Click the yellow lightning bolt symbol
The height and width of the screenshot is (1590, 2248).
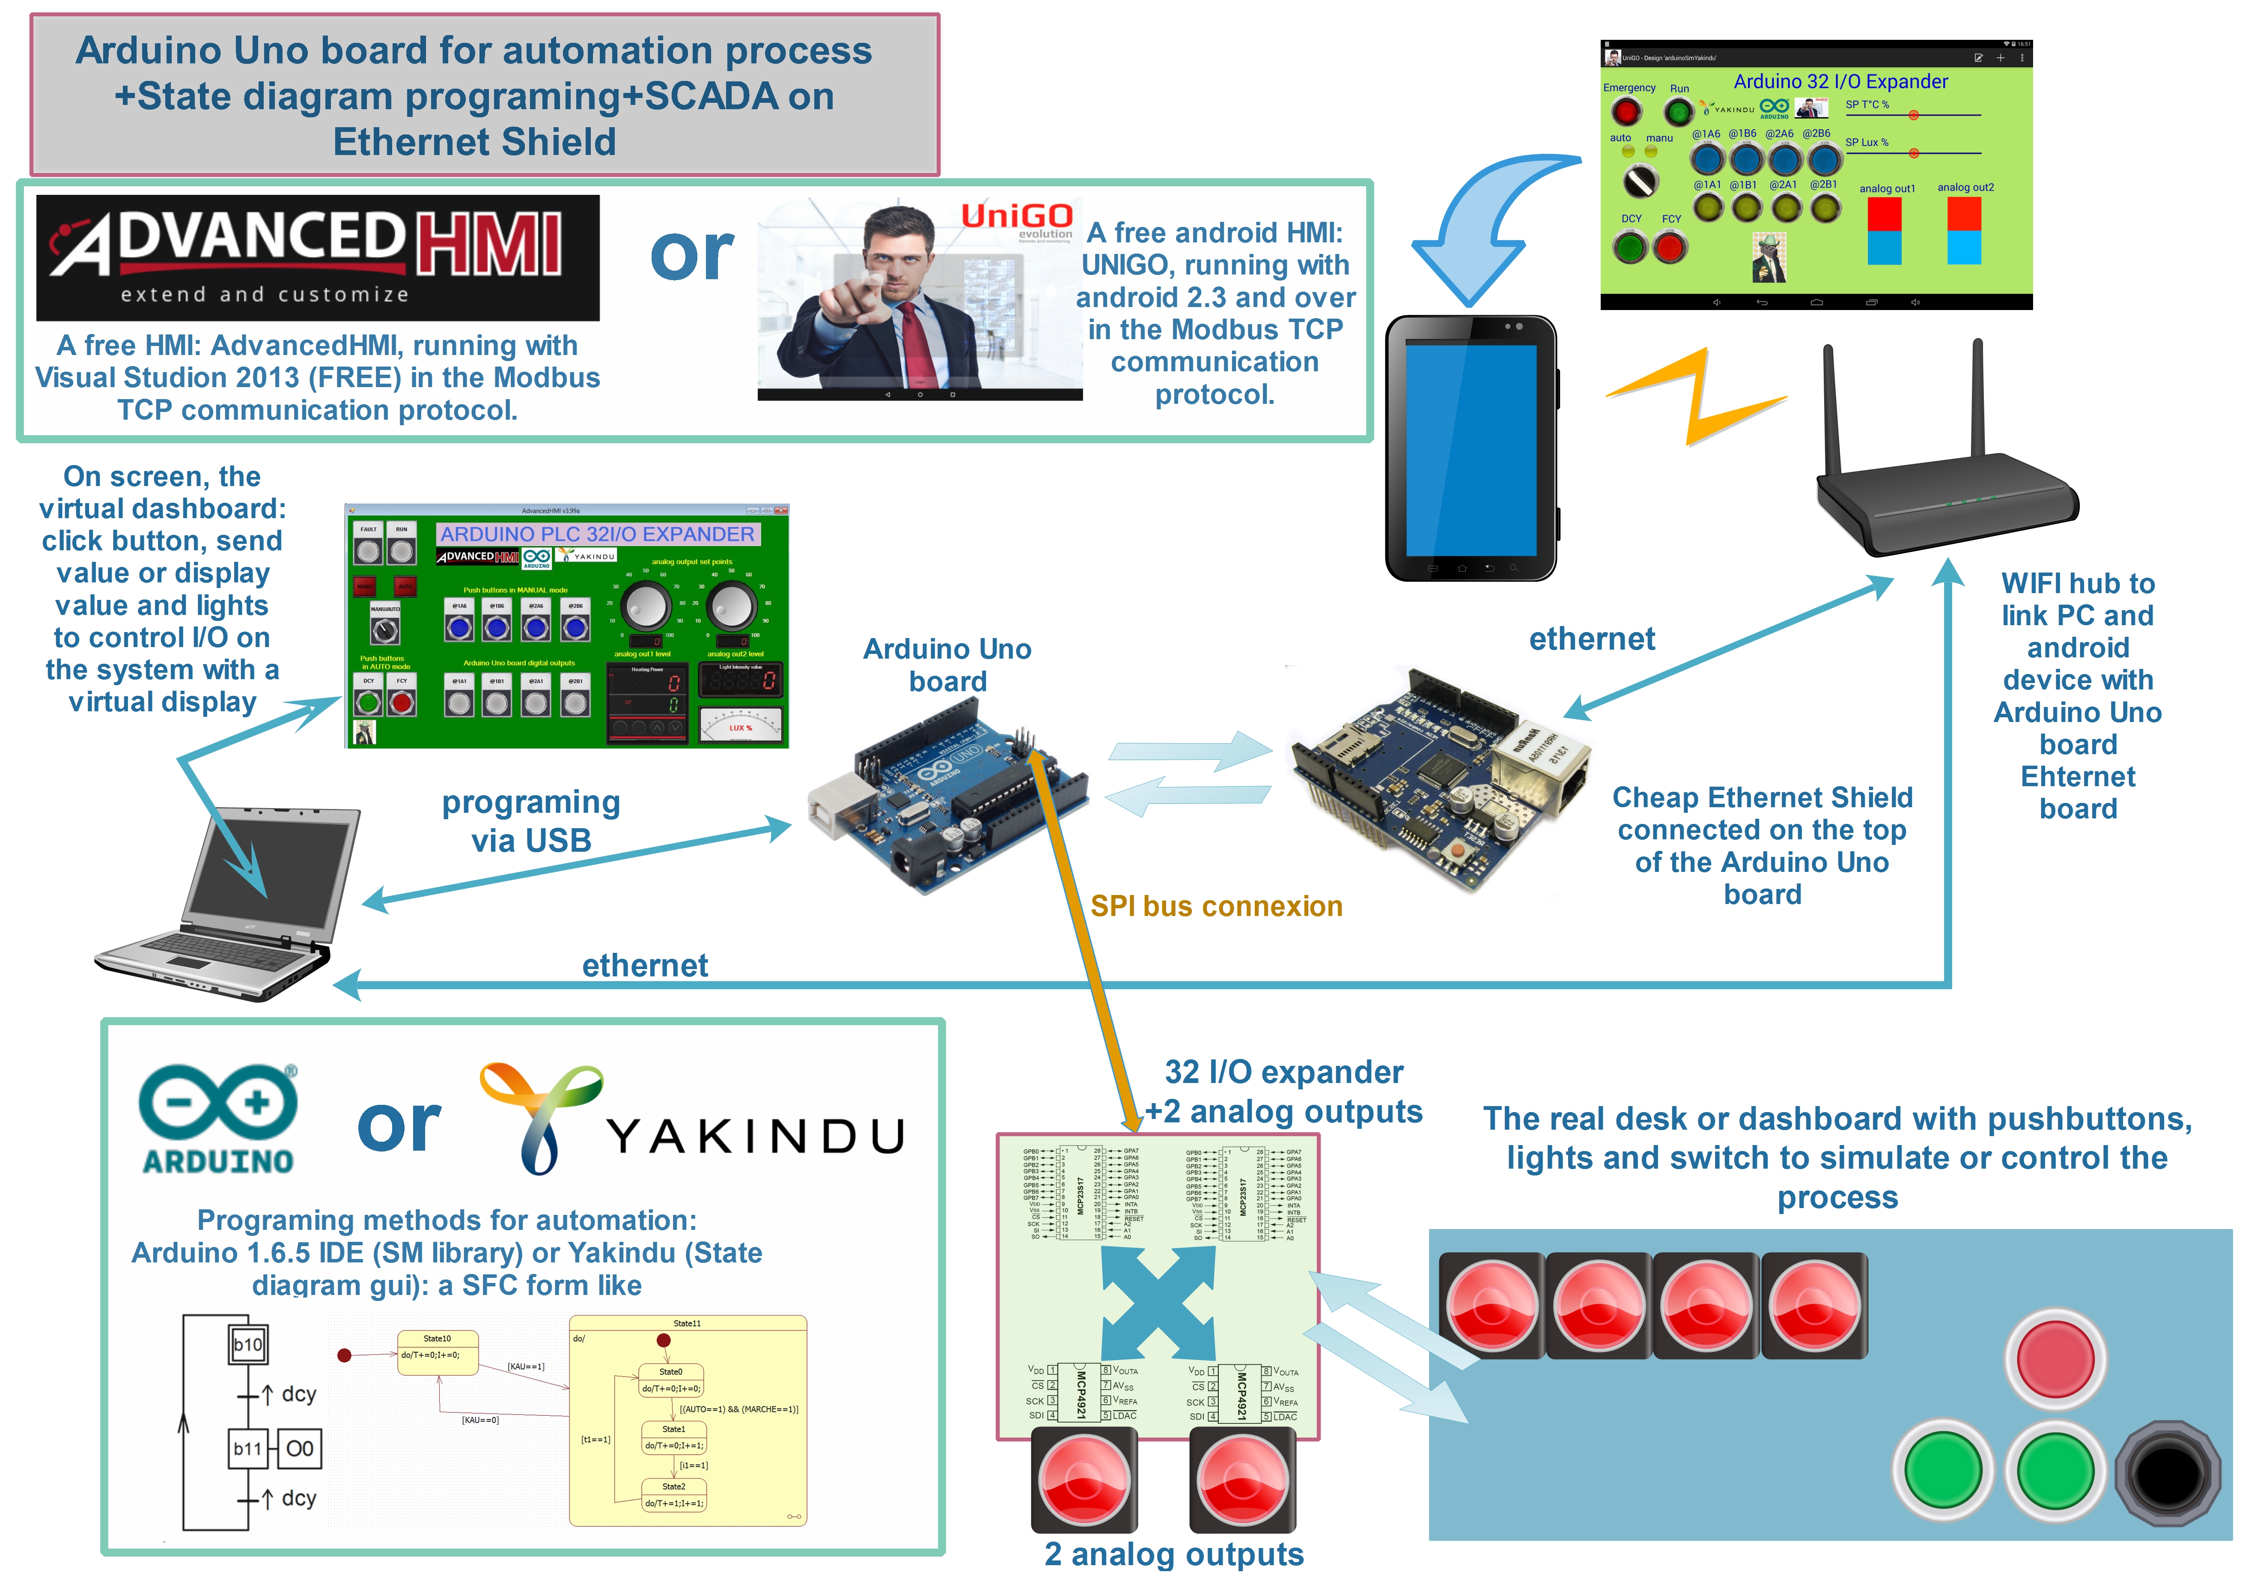(1699, 397)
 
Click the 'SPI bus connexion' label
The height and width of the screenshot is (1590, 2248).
(1216, 907)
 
